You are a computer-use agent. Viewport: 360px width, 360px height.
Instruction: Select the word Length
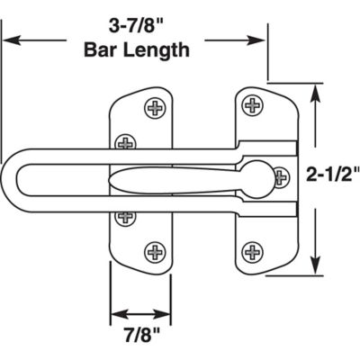(x=154, y=49)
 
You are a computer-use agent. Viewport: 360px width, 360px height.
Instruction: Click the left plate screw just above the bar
(x=126, y=141)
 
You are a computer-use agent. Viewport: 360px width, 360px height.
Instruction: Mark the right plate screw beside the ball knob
(x=282, y=175)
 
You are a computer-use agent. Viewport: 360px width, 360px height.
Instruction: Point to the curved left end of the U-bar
(x=18, y=176)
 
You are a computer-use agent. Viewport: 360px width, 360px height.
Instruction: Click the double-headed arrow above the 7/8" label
(x=139, y=315)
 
